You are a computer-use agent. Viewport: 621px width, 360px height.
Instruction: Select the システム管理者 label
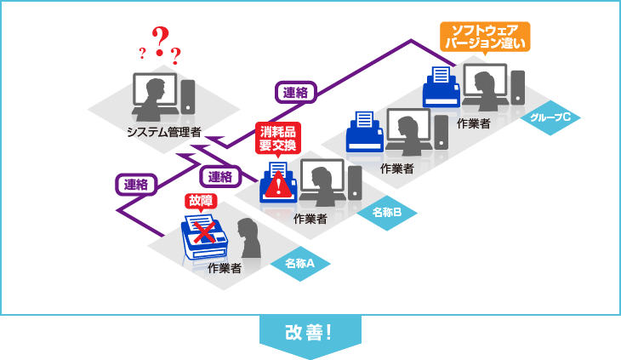coord(163,132)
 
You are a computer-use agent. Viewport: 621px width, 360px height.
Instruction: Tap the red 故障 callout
coord(202,201)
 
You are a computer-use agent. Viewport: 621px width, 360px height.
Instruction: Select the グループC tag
coord(550,117)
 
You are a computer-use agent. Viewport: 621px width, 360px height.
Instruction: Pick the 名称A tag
coord(300,264)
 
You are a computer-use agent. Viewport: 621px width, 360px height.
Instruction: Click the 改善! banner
coord(310,332)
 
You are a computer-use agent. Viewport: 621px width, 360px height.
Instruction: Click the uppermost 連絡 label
coord(295,92)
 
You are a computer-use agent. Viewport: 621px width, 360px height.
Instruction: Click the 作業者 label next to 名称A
coord(224,268)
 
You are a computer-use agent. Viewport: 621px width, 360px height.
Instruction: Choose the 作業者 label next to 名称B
coord(310,219)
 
